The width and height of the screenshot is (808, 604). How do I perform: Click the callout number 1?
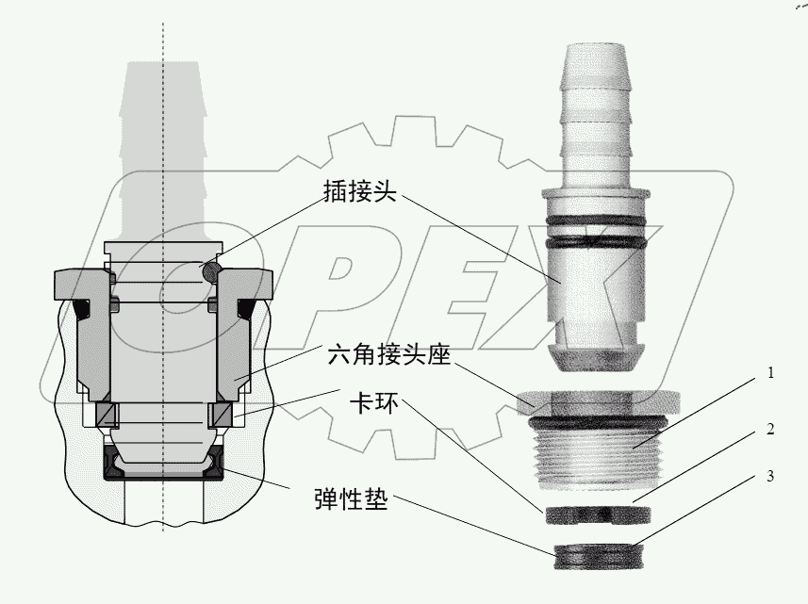tap(771, 372)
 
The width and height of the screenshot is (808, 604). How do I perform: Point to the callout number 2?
tap(771, 430)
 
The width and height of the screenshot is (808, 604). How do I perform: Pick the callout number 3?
tap(771, 476)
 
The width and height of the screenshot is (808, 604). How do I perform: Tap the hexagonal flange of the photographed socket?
tap(596, 400)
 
